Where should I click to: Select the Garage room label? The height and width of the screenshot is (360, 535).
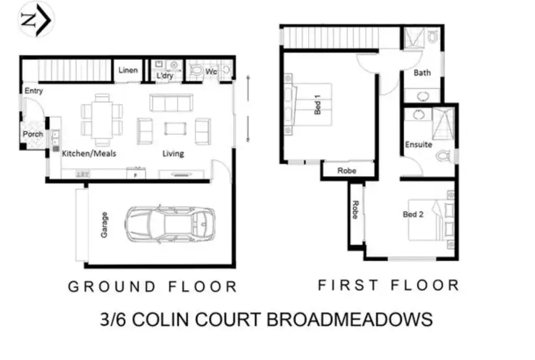[104, 225]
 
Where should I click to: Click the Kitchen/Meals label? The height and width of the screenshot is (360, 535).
[89, 153]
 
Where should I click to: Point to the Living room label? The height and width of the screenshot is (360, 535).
[173, 153]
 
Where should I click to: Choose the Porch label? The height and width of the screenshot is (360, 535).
[33, 134]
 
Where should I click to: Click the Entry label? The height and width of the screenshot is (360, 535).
[34, 91]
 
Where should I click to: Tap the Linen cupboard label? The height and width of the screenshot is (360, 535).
[128, 70]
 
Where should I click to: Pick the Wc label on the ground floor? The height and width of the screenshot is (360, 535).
[211, 72]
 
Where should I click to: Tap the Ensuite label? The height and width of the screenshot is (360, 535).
[419, 145]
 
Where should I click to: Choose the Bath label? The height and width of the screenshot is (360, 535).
[422, 73]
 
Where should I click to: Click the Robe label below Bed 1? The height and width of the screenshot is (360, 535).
[347, 171]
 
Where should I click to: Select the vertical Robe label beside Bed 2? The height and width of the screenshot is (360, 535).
[355, 210]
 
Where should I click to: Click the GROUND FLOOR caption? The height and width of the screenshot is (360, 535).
[152, 287]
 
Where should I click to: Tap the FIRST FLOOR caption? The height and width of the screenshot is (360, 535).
[388, 285]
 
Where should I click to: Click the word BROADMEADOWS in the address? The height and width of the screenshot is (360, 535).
[349, 318]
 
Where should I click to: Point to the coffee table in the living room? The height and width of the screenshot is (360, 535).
[174, 128]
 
